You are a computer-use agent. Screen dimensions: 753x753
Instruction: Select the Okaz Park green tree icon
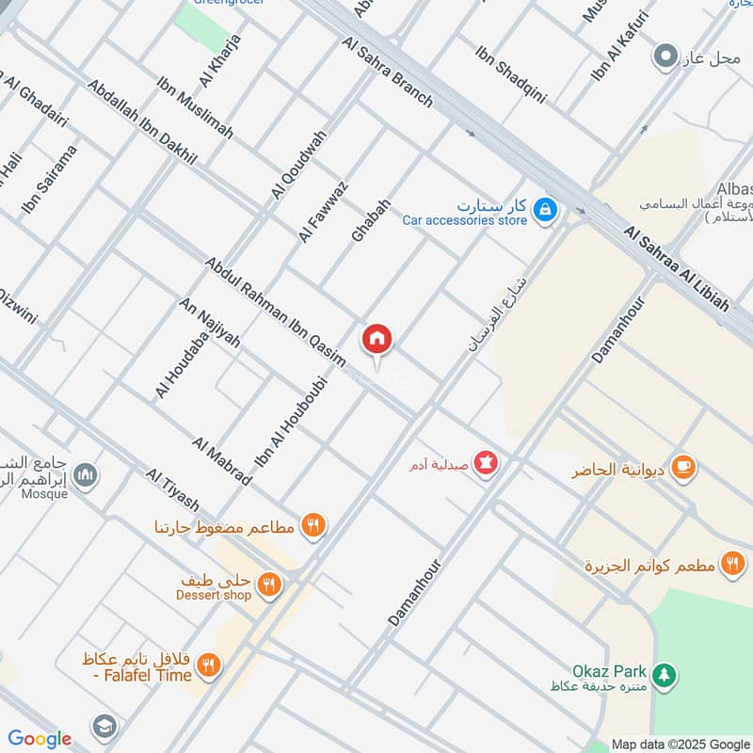tap(665, 674)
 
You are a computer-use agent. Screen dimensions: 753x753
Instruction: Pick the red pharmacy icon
tap(486, 463)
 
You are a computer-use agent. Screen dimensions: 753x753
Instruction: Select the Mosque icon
tap(86, 474)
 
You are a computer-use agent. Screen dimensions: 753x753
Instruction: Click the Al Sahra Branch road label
tap(388, 72)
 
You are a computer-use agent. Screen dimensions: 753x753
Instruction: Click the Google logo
tap(40, 739)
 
